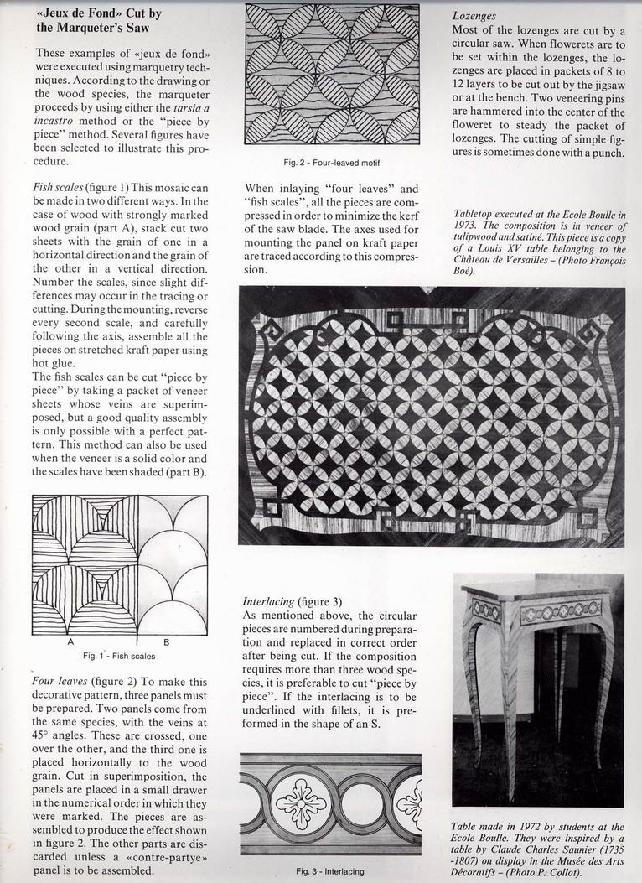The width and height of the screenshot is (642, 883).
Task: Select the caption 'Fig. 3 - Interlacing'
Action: pyautogui.click(x=331, y=871)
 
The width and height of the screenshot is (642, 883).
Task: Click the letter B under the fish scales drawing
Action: pyautogui.click(x=166, y=641)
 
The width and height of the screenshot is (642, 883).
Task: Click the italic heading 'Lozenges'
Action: pyautogui.click(x=474, y=15)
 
